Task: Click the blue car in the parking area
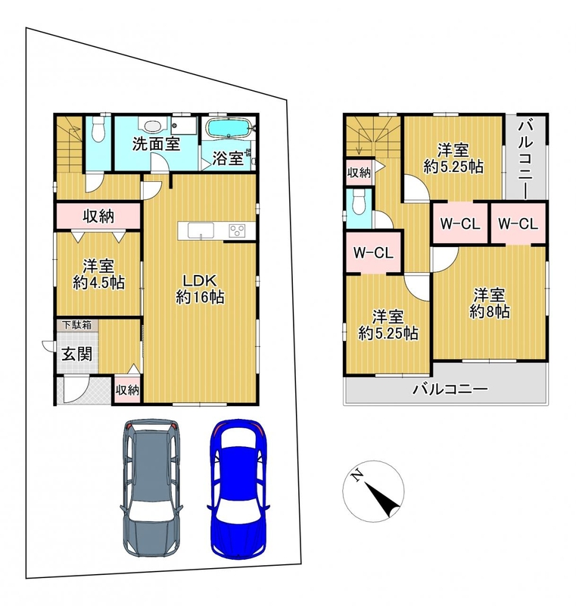(x=238, y=488)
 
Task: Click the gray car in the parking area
(x=151, y=488)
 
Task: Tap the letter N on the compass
(x=356, y=474)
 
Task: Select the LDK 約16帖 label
(x=200, y=289)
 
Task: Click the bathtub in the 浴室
(x=229, y=129)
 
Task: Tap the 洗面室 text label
(x=157, y=144)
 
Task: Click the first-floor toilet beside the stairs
(x=99, y=130)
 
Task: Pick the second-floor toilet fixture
(x=360, y=202)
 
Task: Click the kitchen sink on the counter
(x=201, y=231)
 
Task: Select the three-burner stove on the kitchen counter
(x=237, y=231)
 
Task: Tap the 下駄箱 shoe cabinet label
(x=77, y=325)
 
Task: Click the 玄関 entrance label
(x=77, y=354)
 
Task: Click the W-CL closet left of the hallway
(x=373, y=253)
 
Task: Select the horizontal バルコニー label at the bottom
(x=450, y=389)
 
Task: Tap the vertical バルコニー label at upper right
(x=525, y=159)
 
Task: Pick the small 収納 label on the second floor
(x=359, y=173)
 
